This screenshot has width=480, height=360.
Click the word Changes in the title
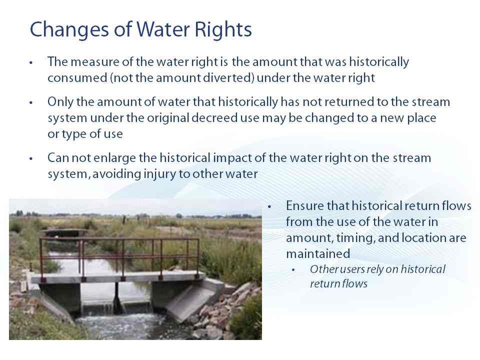pos(69,30)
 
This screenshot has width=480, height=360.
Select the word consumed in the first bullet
pos(77,78)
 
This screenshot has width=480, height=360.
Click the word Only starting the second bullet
pos(60,102)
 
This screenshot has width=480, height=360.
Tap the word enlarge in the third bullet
pos(114,158)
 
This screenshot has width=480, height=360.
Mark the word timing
pos(355,238)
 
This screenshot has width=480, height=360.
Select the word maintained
pos(318,254)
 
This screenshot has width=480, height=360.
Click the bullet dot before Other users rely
pos(293,270)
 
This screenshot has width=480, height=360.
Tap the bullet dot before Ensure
pos(269,206)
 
